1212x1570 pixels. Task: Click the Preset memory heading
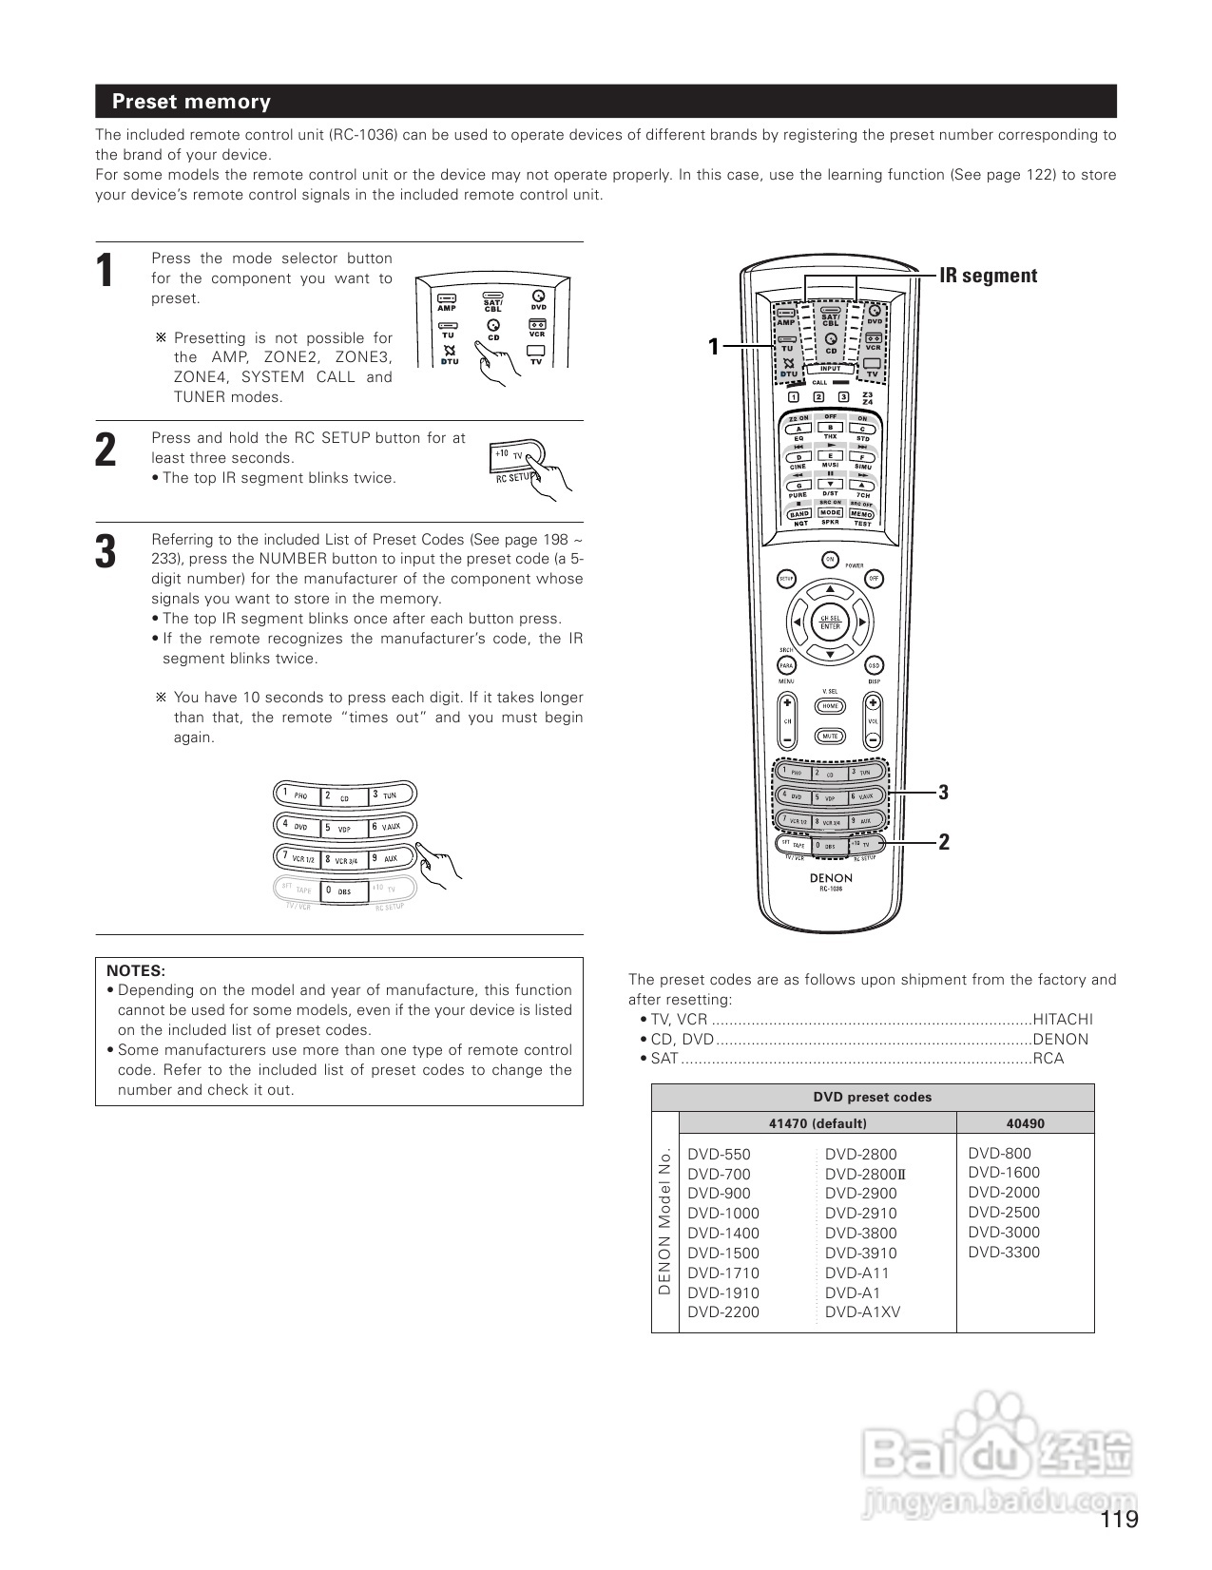click(x=191, y=102)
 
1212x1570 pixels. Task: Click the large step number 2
click(x=106, y=450)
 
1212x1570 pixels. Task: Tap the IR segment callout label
click(x=988, y=276)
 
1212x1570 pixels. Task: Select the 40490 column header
click(x=1025, y=1123)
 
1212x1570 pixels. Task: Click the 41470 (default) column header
click(x=818, y=1123)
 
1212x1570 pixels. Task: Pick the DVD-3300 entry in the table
click(x=1004, y=1252)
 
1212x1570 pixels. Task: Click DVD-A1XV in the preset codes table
click(x=862, y=1312)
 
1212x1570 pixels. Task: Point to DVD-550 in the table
click(x=719, y=1155)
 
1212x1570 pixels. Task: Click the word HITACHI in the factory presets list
click(x=1063, y=1019)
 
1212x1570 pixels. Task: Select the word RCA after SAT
click(x=1048, y=1059)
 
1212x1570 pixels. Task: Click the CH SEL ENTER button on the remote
click(x=830, y=622)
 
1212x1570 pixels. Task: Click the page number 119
click(x=1120, y=1520)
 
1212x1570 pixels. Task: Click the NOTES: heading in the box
click(x=136, y=970)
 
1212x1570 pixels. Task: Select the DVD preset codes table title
click(x=872, y=1097)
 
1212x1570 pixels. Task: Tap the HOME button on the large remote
click(x=830, y=706)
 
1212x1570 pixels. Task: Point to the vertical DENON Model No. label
click(x=665, y=1221)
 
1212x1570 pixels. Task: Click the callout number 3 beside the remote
click(x=943, y=792)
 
